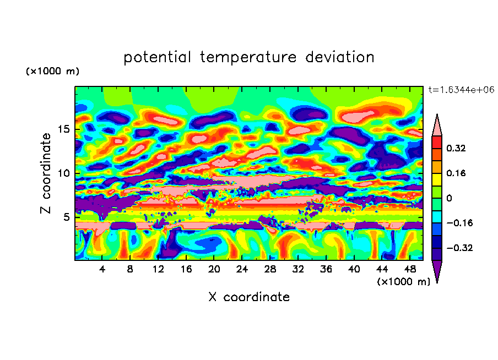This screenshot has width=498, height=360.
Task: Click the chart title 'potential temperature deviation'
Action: point(248,57)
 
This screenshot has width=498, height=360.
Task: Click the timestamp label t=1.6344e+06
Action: point(461,90)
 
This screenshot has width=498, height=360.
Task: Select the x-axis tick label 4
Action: point(102,269)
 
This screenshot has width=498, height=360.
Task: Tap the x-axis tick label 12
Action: point(158,269)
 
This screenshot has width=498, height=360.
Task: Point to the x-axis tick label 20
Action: point(214,269)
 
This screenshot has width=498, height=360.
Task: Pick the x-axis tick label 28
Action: point(270,269)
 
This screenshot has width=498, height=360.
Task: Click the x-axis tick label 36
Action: point(326,269)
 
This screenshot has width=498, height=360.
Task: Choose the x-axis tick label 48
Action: point(410,269)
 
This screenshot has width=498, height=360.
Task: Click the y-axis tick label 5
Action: point(66,217)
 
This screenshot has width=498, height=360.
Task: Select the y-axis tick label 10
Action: point(62,173)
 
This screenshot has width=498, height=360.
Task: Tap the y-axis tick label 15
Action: point(62,130)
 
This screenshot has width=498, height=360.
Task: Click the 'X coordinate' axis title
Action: point(248,297)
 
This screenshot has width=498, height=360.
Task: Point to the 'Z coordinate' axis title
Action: point(46,173)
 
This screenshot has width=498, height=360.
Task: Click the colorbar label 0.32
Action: point(456,148)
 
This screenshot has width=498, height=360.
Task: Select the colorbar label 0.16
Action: point(456,173)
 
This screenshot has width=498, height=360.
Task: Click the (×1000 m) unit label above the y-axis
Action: point(52,72)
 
